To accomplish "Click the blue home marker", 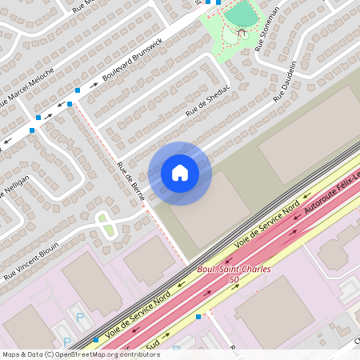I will pyautogui.click(x=179, y=173).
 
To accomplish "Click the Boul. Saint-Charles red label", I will pyautogui.click(x=234, y=270).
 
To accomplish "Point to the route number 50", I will pyautogui.click(x=234, y=280).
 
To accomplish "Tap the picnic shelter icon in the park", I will pyautogui.click(x=242, y=34).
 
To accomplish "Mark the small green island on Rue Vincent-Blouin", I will pyautogui.click(x=105, y=225).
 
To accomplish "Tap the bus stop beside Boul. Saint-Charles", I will pyautogui.click(x=198, y=317).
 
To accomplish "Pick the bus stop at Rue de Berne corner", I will pyautogui.click(x=70, y=103).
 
